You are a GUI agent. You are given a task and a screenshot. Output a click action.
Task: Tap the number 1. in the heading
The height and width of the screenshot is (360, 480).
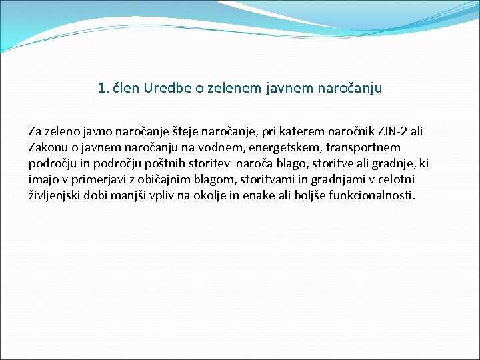(x=103, y=88)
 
